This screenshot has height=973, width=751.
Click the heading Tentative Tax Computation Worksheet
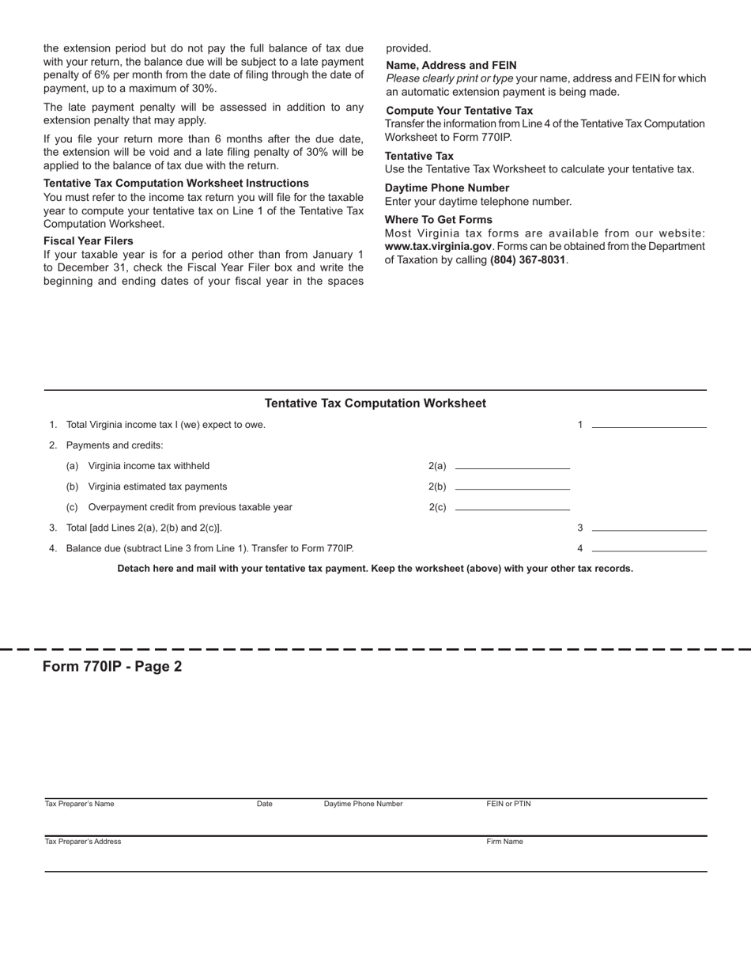[375, 403]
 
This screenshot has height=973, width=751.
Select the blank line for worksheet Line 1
[648, 423]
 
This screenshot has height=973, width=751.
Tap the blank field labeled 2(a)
[512, 465]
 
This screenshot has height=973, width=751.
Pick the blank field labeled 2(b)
[512, 486]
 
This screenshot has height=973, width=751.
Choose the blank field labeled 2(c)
[512, 506]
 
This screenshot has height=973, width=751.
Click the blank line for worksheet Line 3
[648, 526]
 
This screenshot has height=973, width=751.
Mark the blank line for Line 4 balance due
[648, 547]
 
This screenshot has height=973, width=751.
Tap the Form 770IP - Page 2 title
[112, 666]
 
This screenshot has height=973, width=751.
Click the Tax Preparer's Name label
[79, 804]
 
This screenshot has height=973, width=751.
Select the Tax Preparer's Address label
[83, 842]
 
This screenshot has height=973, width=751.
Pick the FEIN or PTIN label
[508, 804]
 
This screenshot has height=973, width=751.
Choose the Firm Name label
[504, 842]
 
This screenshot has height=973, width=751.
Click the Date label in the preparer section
[264, 804]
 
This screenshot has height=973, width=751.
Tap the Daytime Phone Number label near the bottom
[363, 804]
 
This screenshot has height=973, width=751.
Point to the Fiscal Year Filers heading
[88, 240]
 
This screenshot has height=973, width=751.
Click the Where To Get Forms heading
[438, 220]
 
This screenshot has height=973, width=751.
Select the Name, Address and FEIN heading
[451, 66]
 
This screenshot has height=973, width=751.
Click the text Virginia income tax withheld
[149, 466]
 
